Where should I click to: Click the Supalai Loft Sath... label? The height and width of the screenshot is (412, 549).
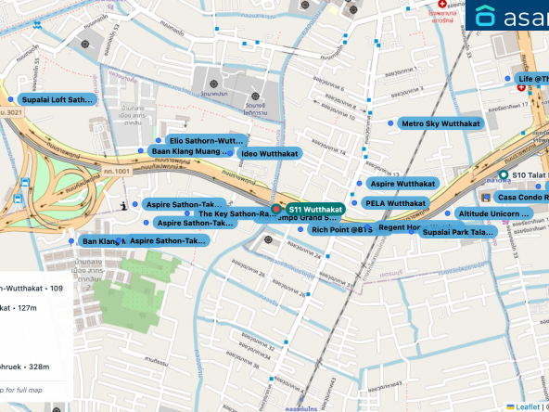(x=57, y=99)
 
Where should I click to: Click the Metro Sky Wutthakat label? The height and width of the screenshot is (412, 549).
(x=440, y=123)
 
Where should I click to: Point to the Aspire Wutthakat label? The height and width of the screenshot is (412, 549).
(x=402, y=184)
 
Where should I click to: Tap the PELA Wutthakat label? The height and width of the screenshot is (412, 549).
(x=394, y=203)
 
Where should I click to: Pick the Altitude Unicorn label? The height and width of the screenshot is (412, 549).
(x=493, y=213)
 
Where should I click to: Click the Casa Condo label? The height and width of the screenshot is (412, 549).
(x=522, y=197)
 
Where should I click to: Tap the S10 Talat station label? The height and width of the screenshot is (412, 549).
(x=529, y=175)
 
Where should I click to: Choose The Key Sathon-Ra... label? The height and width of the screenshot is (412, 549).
(x=239, y=213)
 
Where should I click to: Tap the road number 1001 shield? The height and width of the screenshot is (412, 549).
(x=115, y=172)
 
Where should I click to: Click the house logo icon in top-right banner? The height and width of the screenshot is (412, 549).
(x=485, y=16)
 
